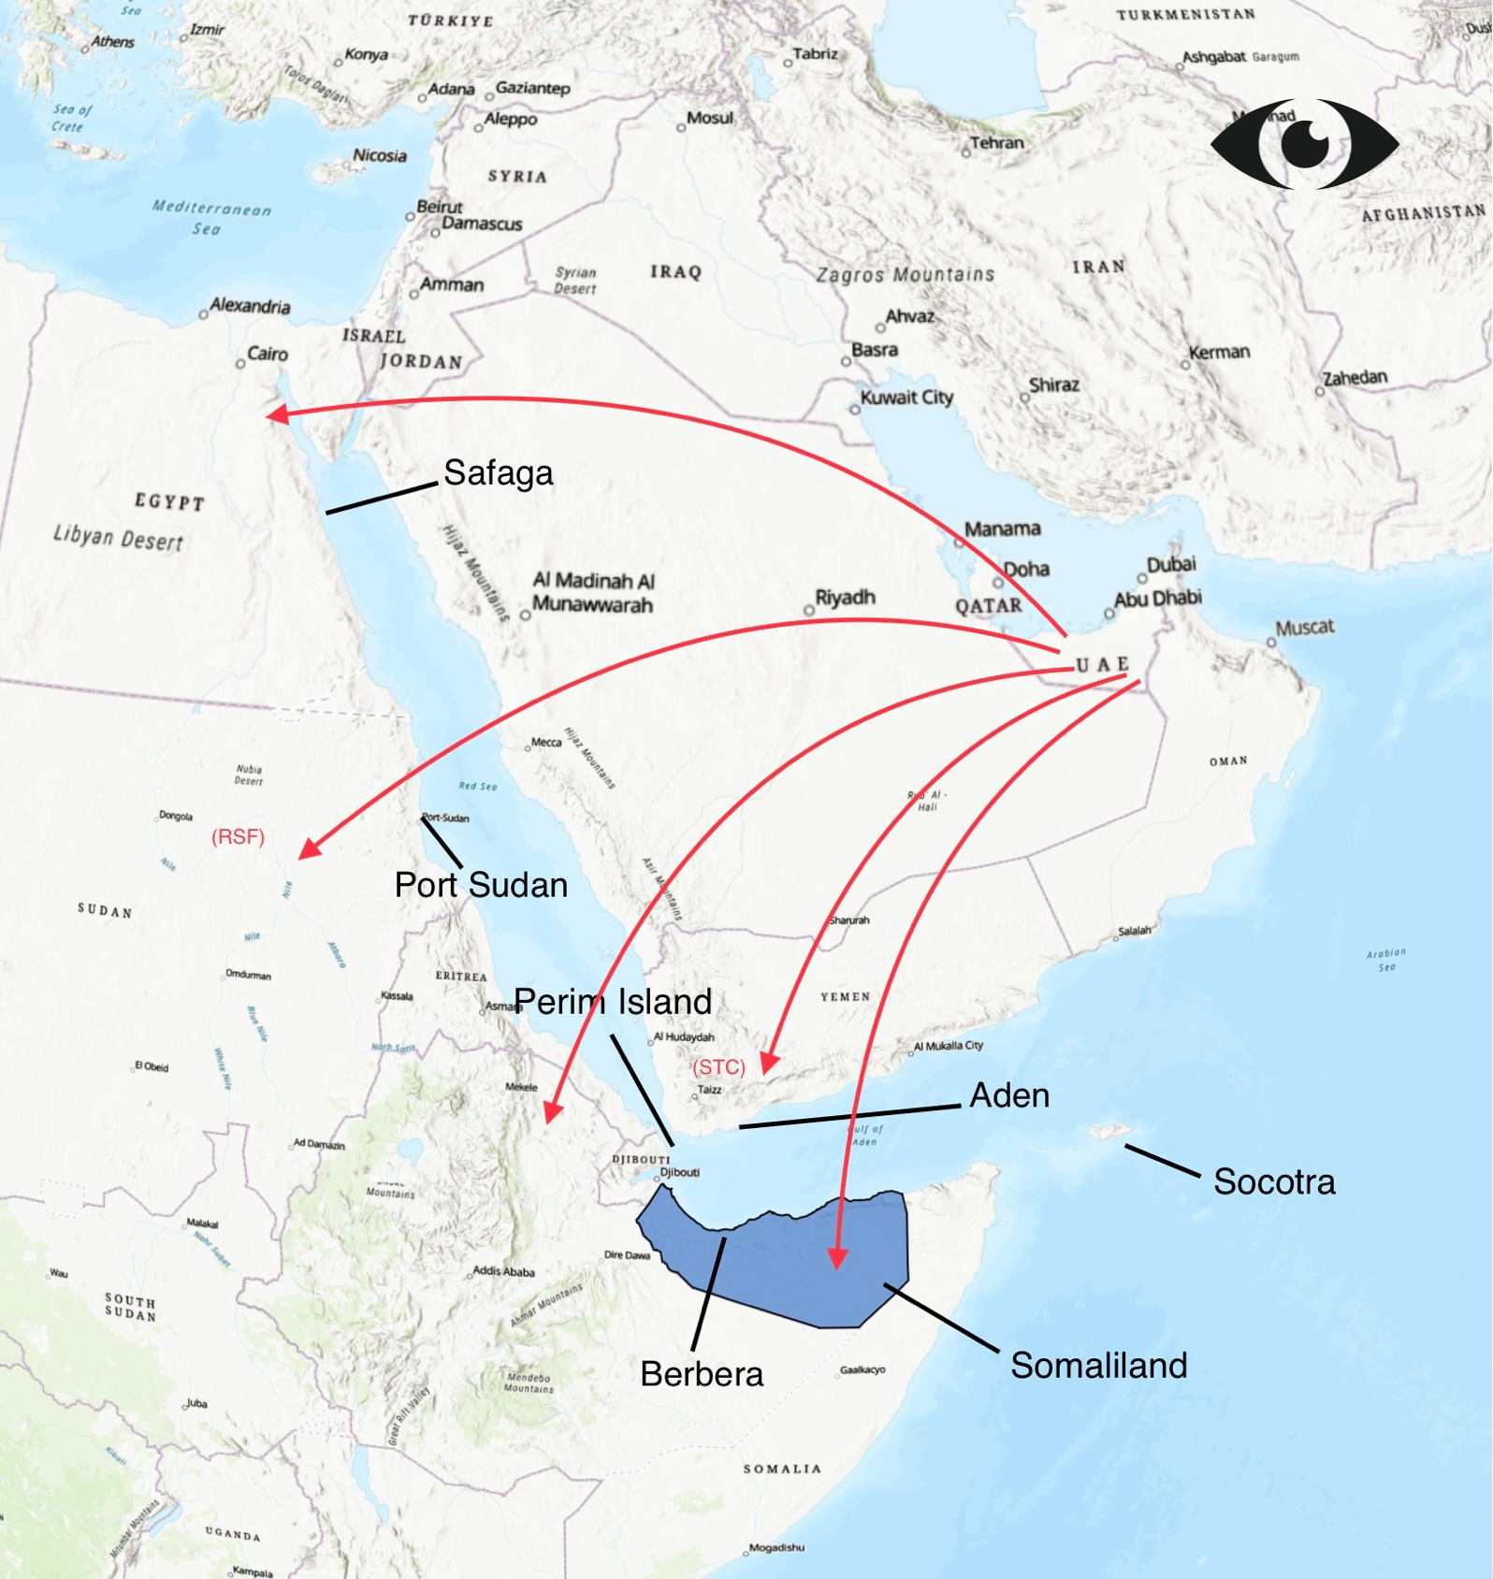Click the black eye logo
1305,143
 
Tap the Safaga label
498,473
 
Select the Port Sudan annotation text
481,885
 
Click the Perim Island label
613,1002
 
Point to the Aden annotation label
1009,1095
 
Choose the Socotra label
1274,1182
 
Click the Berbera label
702,1374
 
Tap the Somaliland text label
1098,1366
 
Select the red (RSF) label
239,837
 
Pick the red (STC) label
718,1067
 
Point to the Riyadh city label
845,598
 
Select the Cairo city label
267,354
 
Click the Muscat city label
1304,627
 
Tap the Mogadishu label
776,1548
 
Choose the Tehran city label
996,143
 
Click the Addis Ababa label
503,1271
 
